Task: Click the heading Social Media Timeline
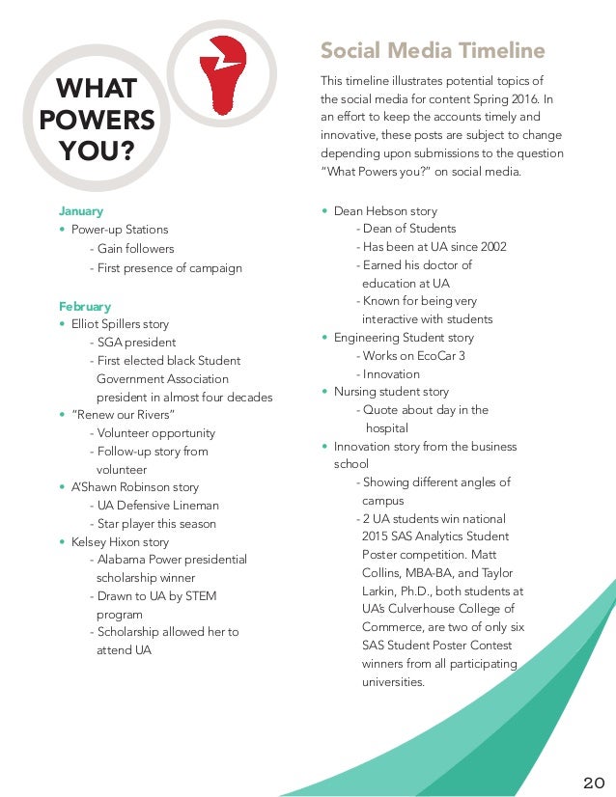[x=433, y=50]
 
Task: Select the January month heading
[x=81, y=210]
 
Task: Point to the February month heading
[x=85, y=306]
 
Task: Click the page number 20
[x=593, y=781]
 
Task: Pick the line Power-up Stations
[x=120, y=230]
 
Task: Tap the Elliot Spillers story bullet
[x=126, y=324]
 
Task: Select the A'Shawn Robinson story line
[x=135, y=487]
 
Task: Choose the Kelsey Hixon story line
[x=120, y=542]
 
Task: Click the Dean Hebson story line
[x=385, y=210]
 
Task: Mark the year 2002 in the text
[x=491, y=247]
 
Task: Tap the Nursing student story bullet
[x=391, y=392]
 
